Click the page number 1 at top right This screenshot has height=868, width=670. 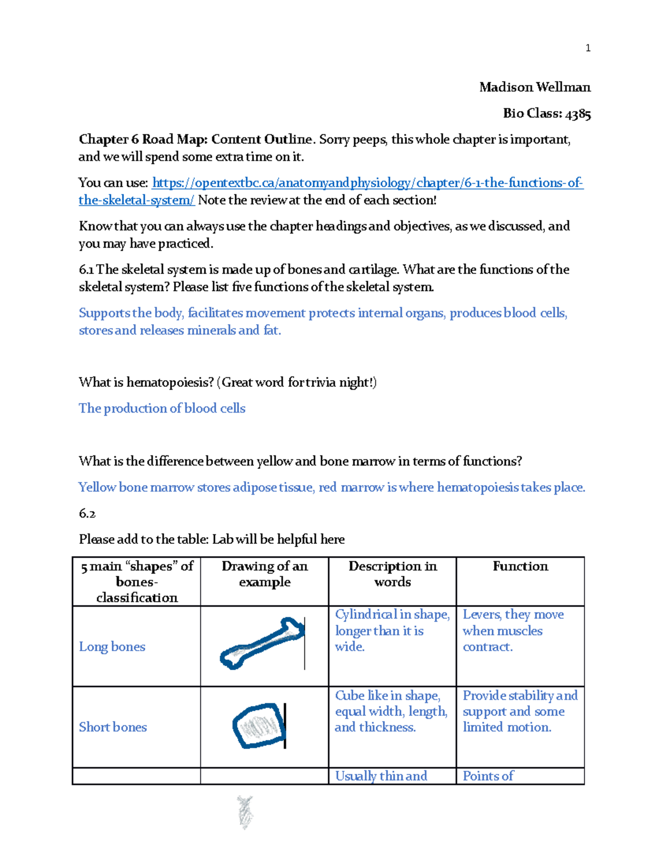[587, 48]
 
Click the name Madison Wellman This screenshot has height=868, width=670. [534, 87]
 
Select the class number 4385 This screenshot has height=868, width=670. [578, 113]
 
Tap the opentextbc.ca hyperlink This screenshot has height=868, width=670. [367, 183]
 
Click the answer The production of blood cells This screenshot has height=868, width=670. [162, 409]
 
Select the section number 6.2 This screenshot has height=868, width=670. [87, 513]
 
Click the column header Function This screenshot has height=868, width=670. [520, 566]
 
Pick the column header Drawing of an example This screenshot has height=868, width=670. [264, 574]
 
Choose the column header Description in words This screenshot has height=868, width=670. [392, 574]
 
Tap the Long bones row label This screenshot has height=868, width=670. [112, 647]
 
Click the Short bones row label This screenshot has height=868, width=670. [113, 727]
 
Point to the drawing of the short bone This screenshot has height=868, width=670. [258, 725]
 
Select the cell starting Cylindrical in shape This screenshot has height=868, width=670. [391, 630]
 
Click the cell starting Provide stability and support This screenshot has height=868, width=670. [519, 711]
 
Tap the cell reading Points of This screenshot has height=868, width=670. [488, 776]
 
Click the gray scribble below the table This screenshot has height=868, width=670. [245, 811]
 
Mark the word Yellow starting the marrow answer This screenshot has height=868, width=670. [97, 487]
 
